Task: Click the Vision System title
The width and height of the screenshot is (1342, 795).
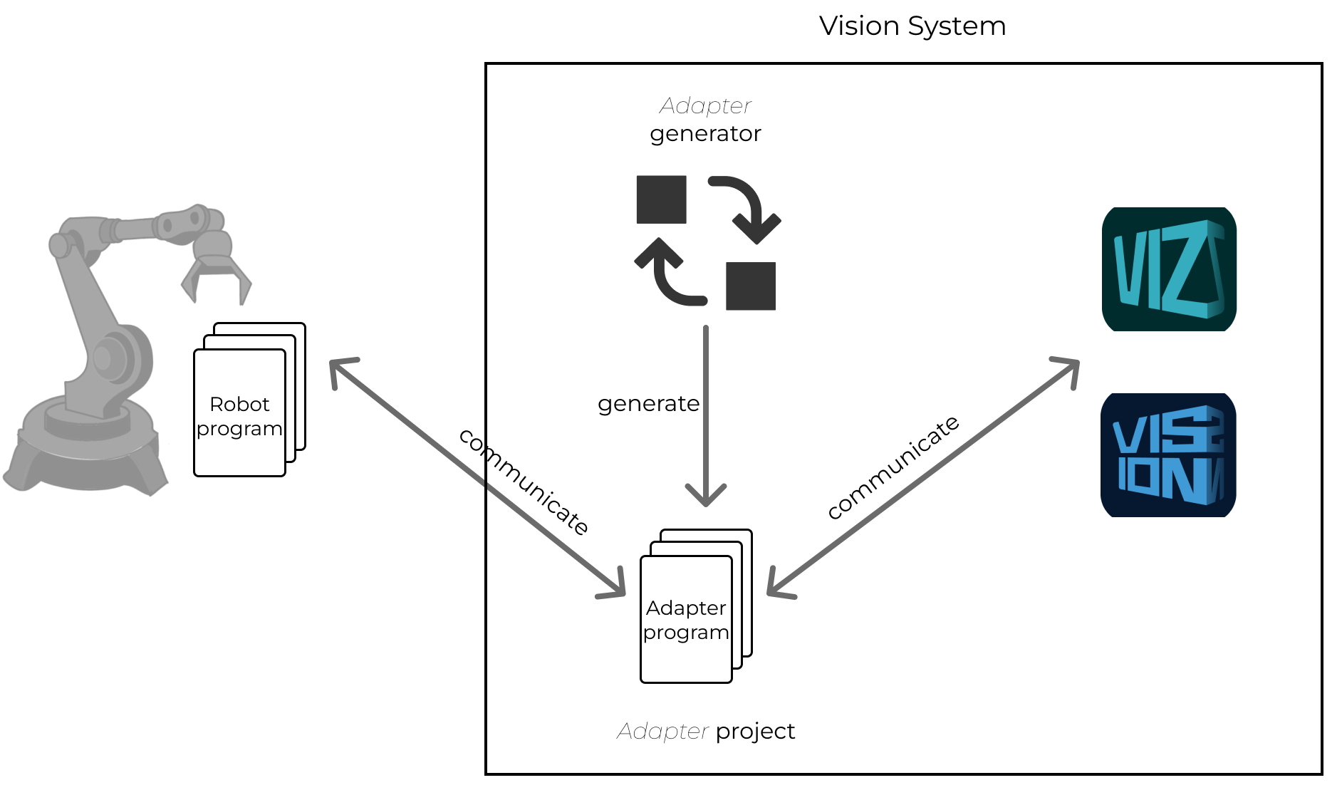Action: tap(912, 26)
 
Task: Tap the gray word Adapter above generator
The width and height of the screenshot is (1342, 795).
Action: tap(705, 105)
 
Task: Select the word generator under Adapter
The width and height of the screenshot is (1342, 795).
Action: tap(705, 134)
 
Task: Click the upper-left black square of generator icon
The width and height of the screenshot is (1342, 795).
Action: tap(661, 199)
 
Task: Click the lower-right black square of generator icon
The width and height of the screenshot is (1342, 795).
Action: tap(750, 286)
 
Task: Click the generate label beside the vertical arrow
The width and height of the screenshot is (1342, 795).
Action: tap(648, 404)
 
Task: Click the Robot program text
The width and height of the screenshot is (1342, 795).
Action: tap(239, 416)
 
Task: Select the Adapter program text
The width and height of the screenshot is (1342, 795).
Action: tap(686, 620)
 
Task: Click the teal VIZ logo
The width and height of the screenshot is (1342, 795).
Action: tap(1168, 269)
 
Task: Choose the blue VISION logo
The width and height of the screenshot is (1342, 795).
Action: tap(1168, 455)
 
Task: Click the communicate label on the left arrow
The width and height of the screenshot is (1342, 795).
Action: tap(524, 482)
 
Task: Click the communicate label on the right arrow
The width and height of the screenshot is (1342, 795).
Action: tap(893, 467)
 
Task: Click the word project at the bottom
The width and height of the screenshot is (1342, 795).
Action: tap(755, 732)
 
